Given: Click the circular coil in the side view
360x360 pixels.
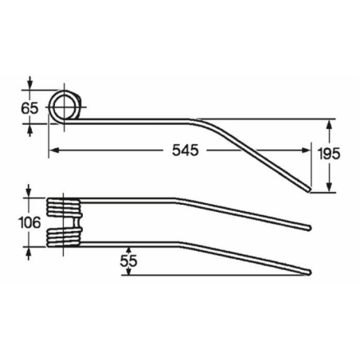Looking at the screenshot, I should pos(65,104).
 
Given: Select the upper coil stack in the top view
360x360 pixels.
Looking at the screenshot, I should pos(64,209).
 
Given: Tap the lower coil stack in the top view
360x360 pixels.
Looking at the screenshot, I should pos(64,236).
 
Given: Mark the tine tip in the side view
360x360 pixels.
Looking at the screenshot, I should pos(309,190).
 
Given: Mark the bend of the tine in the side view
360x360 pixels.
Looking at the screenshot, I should pos(198,122).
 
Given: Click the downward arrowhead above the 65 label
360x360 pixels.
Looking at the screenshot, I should pos(29,87).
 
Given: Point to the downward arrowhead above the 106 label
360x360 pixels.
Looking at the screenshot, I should pos(29,194).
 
